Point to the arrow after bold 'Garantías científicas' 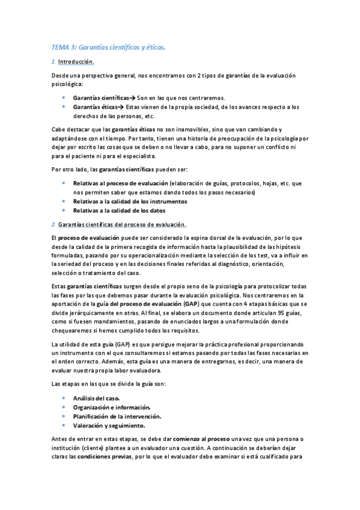pos(133,97)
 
